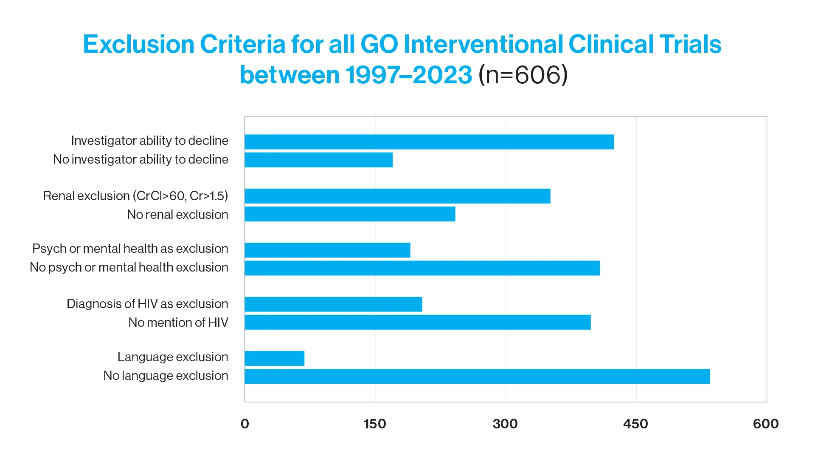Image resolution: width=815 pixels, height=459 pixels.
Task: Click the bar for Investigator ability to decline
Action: (429, 142)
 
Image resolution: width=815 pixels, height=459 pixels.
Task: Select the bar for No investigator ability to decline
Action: (318, 160)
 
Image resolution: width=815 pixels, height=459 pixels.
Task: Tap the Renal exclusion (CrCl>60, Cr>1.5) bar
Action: (397, 196)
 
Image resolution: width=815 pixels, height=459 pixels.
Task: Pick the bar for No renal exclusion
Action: (350, 214)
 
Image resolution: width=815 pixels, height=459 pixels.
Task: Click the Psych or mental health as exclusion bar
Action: (327, 250)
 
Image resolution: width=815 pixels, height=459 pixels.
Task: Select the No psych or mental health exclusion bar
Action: (422, 268)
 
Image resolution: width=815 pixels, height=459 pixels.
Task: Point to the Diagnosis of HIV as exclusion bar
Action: (333, 304)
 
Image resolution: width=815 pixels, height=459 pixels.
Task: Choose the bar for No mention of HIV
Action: (417, 322)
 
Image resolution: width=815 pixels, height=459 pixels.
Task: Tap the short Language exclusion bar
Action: (274, 358)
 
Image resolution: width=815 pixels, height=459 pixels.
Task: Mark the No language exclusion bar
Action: (477, 377)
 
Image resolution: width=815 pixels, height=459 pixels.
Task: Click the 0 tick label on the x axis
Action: (245, 424)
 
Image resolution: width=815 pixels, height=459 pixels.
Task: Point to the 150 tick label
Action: (375, 424)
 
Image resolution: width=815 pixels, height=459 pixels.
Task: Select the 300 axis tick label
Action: (505, 424)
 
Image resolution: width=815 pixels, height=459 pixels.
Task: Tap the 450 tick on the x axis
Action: (635, 424)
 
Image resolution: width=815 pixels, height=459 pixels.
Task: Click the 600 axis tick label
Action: (766, 424)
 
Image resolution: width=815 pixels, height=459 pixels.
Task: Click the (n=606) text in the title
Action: (523, 75)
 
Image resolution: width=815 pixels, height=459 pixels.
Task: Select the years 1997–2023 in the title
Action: (408, 75)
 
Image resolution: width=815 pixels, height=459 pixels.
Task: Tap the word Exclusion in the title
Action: (138, 44)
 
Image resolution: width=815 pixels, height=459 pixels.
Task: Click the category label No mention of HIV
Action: (178, 323)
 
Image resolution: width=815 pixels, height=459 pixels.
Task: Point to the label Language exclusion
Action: (173, 357)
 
